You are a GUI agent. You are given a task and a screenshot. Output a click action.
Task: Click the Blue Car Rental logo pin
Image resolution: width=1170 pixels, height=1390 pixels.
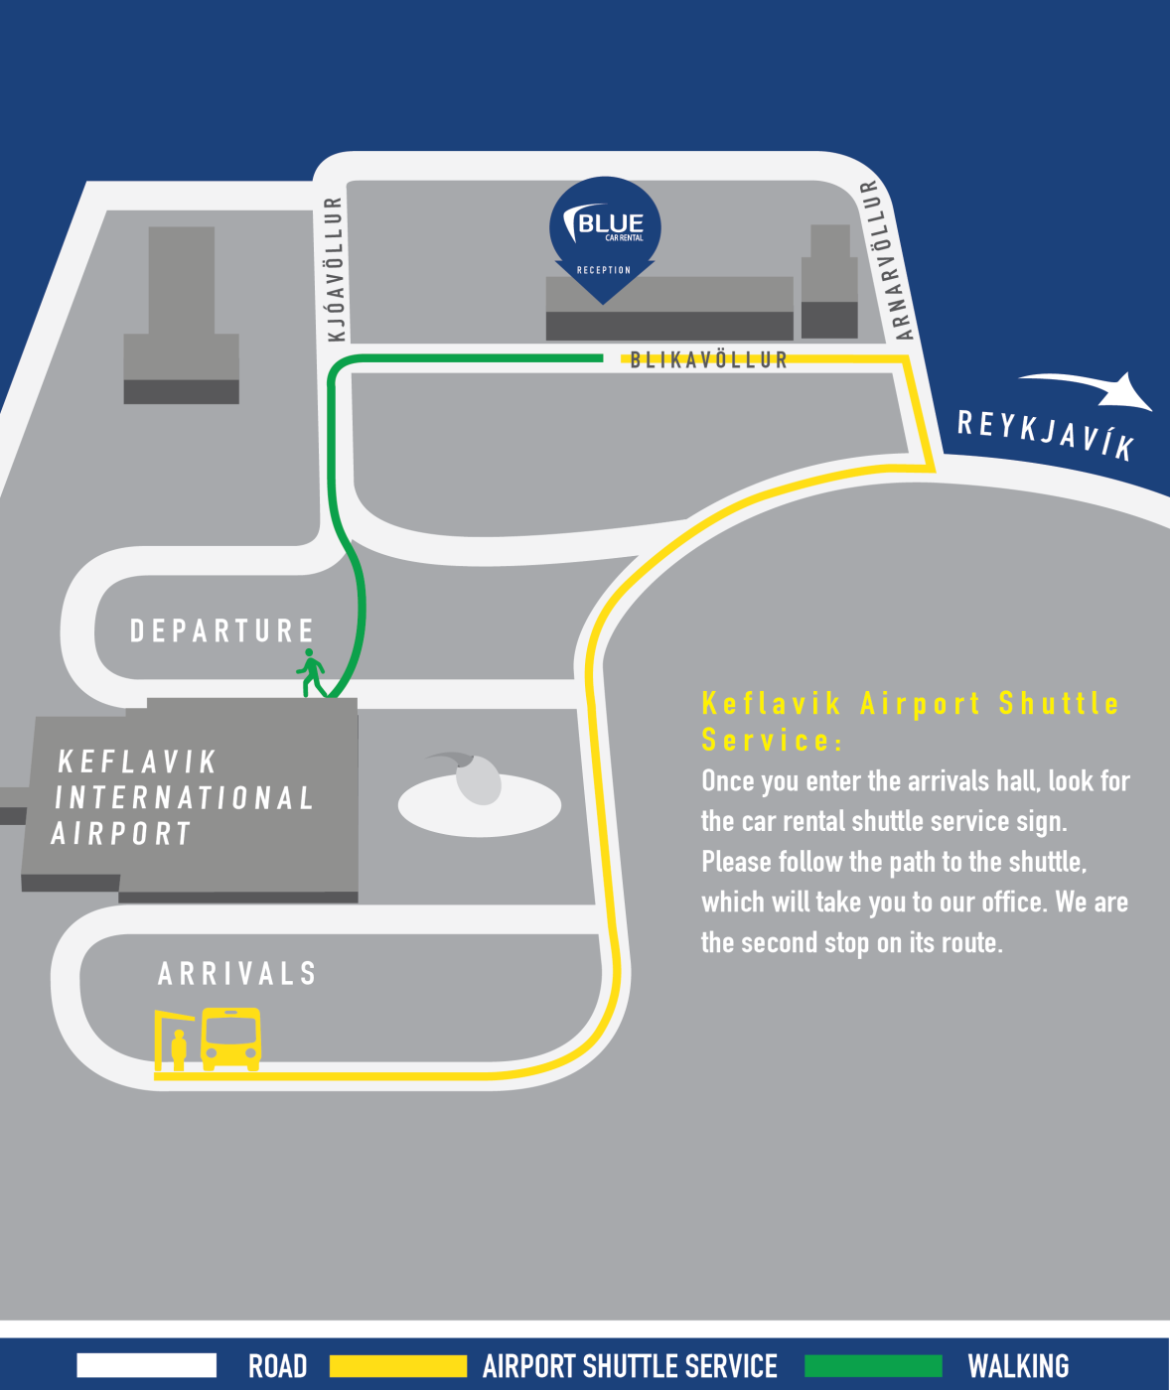(x=605, y=229)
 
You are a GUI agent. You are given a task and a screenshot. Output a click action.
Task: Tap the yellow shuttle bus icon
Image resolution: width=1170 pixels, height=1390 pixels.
(x=230, y=1039)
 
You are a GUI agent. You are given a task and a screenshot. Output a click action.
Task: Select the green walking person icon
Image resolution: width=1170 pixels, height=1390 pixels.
(x=311, y=673)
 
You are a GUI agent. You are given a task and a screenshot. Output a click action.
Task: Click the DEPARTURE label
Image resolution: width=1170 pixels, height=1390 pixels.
(x=221, y=630)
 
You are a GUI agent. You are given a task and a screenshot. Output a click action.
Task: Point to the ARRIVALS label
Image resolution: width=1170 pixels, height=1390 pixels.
(x=236, y=973)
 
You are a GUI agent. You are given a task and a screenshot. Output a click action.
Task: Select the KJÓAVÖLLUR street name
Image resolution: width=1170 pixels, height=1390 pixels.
(x=336, y=268)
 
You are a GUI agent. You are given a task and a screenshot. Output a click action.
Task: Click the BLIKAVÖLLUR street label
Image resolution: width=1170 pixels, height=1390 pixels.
(x=708, y=359)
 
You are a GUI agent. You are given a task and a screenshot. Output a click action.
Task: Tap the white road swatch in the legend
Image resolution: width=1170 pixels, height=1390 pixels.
(x=146, y=1365)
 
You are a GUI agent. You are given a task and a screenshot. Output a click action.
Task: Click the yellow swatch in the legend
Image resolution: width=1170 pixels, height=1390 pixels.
(x=397, y=1365)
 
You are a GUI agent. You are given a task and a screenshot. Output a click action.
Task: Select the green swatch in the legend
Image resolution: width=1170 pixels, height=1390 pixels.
(x=872, y=1365)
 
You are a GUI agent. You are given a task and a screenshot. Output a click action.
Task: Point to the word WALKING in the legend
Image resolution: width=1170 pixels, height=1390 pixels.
(x=1018, y=1366)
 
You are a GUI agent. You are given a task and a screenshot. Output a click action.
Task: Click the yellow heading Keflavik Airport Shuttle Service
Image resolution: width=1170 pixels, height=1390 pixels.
(x=910, y=721)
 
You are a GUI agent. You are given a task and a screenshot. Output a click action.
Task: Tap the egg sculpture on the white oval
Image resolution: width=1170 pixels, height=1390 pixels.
(x=478, y=778)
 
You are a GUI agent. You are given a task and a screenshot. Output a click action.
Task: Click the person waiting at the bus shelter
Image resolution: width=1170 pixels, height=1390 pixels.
(x=179, y=1050)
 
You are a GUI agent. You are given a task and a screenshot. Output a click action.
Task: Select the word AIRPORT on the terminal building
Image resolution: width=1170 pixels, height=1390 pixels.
(x=120, y=833)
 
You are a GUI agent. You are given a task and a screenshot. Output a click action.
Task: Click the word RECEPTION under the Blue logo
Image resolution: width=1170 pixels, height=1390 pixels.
(x=604, y=270)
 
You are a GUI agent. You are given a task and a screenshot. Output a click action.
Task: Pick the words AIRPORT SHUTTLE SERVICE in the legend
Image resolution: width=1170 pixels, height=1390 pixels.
(x=630, y=1366)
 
